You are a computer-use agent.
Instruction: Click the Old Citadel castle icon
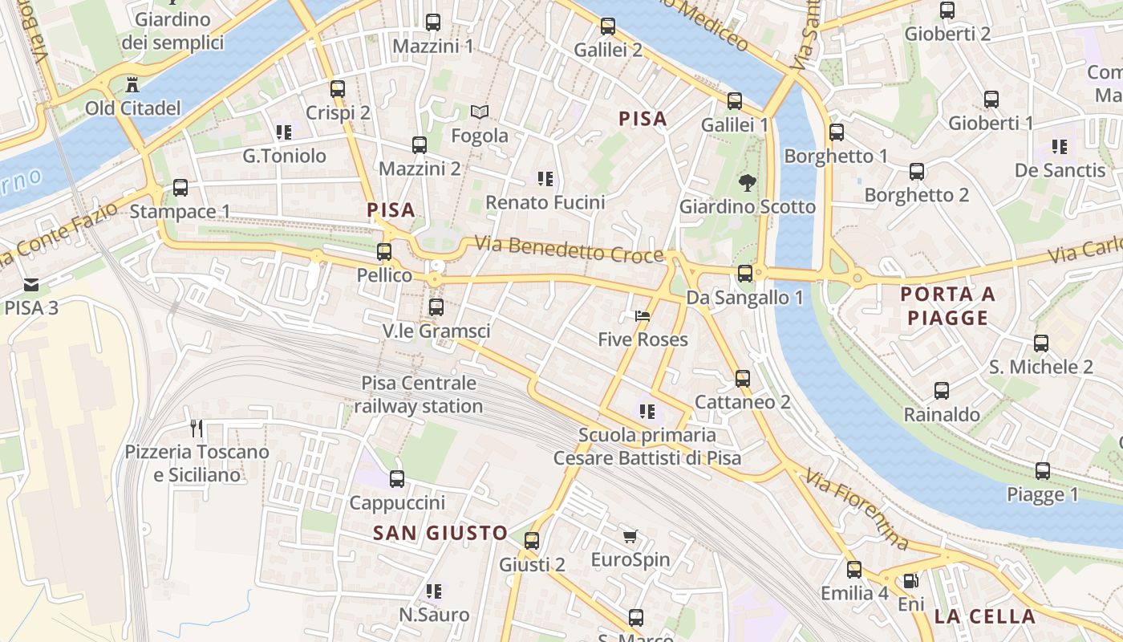click(x=132, y=84)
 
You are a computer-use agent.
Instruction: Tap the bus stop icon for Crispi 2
click(x=338, y=89)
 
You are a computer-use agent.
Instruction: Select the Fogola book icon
click(x=480, y=112)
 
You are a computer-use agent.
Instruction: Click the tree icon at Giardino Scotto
click(x=747, y=182)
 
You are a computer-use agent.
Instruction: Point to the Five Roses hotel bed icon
click(x=643, y=316)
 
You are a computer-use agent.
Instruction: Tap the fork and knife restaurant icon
click(x=197, y=428)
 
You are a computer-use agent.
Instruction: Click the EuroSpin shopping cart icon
click(x=630, y=536)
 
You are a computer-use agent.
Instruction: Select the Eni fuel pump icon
click(x=910, y=580)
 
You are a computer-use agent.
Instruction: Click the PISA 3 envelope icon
click(x=31, y=284)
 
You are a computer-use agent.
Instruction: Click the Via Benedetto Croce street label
click(x=569, y=249)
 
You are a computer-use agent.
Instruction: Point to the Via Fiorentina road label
click(x=857, y=510)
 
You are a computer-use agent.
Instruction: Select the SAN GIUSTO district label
click(x=440, y=533)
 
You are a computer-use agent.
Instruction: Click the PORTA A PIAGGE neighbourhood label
click(x=947, y=306)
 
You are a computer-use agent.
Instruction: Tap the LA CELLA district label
click(x=984, y=617)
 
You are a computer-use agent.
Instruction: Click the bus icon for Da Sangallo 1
click(x=745, y=274)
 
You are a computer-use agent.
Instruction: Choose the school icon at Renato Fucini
click(x=545, y=179)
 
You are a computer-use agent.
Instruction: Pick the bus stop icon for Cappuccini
click(x=396, y=479)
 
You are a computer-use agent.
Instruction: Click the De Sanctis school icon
click(x=1060, y=147)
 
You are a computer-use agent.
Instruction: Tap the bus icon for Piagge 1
click(x=1042, y=471)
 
